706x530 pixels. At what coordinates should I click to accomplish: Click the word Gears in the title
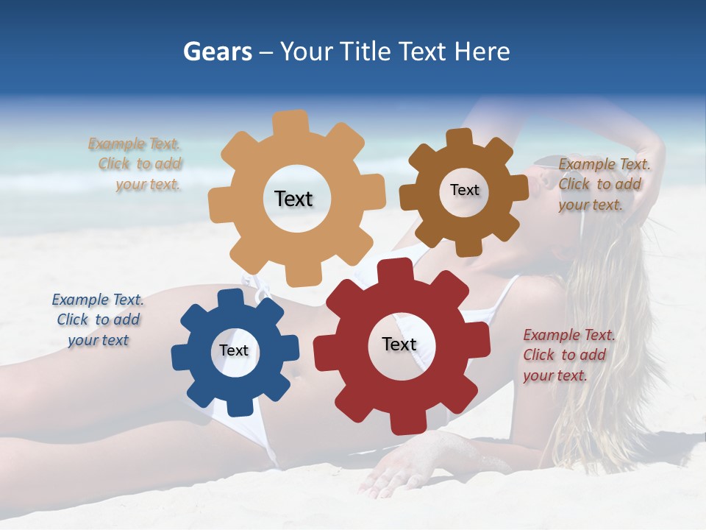click(x=217, y=52)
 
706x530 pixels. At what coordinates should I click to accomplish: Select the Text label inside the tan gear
click(x=293, y=199)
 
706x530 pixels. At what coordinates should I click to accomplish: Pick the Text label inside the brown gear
click(x=464, y=190)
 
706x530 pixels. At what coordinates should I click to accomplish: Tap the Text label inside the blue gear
click(x=233, y=351)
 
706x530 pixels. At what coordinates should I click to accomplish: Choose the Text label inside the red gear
click(x=399, y=344)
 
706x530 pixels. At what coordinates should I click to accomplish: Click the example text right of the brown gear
click(x=604, y=184)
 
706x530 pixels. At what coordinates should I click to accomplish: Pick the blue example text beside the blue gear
click(x=98, y=319)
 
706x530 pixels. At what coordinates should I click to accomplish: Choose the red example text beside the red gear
click(x=568, y=355)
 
